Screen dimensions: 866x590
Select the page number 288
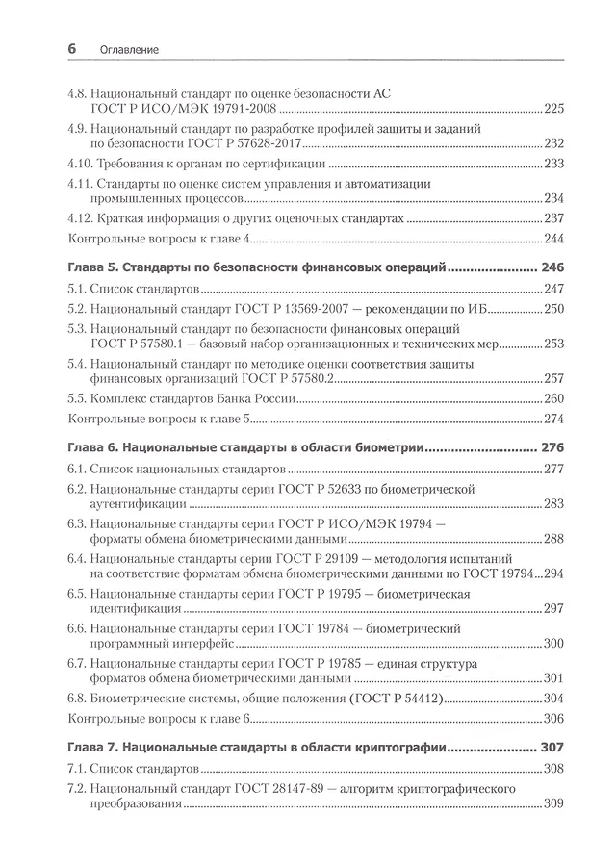coord(552,540)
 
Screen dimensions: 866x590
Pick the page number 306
coord(552,719)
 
